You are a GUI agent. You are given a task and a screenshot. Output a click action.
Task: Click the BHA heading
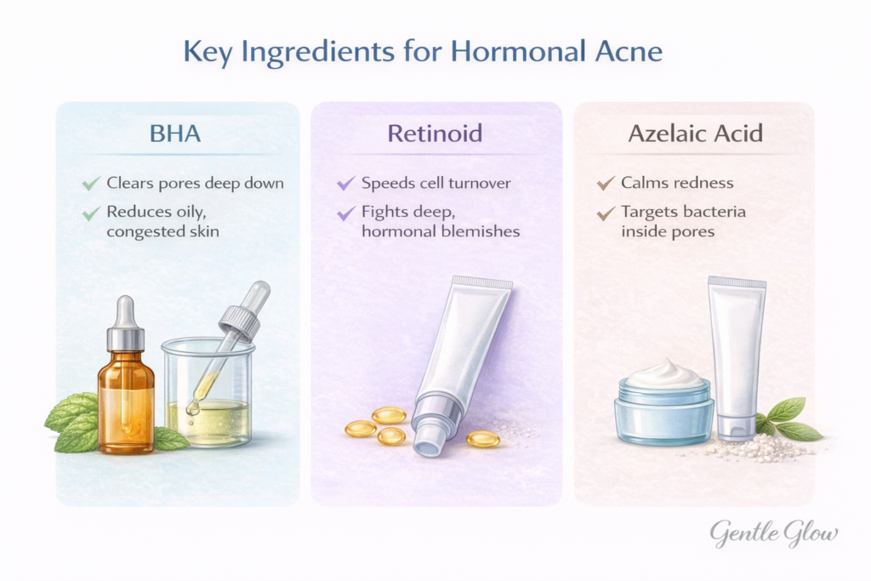[x=177, y=134]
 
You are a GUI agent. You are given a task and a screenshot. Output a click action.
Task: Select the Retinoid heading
[x=435, y=134]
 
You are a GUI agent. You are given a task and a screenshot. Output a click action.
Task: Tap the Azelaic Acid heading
[x=693, y=134]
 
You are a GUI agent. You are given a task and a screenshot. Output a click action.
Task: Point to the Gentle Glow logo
[x=774, y=533]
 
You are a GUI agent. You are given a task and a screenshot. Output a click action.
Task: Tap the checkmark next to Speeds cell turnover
[x=344, y=183]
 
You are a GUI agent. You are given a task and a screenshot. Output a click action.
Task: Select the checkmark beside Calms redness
[x=606, y=183]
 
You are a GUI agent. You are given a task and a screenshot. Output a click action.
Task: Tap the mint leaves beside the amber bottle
[x=72, y=421]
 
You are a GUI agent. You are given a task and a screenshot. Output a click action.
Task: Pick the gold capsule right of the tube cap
[x=482, y=439]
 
